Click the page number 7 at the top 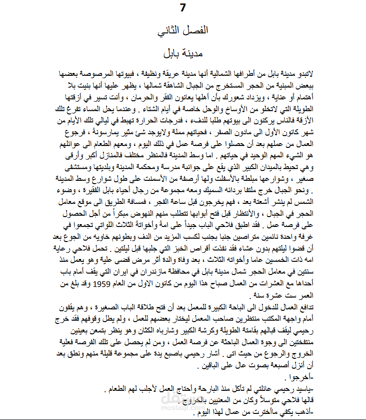[x=183, y=8]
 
